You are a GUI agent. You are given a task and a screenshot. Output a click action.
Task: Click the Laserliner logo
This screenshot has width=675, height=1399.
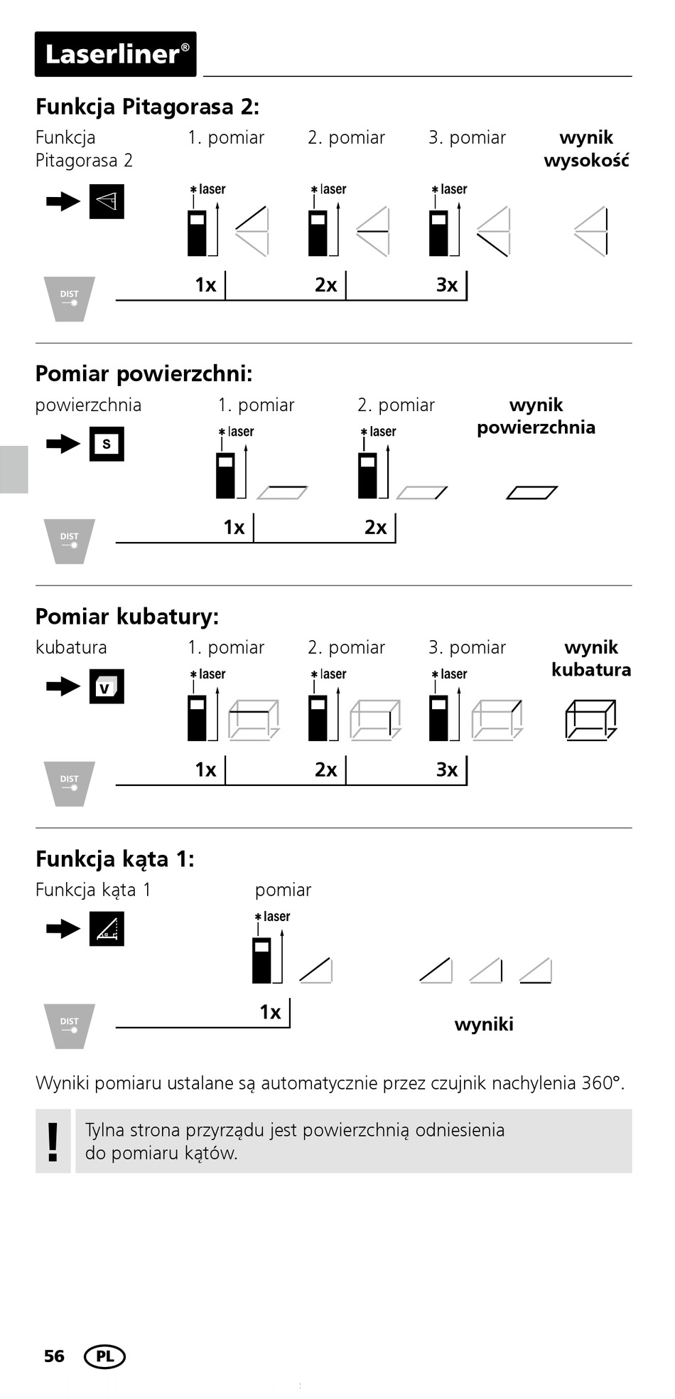pyautogui.click(x=116, y=54)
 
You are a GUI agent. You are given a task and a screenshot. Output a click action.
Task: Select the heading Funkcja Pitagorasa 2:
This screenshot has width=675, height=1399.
pyautogui.click(x=147, y=107)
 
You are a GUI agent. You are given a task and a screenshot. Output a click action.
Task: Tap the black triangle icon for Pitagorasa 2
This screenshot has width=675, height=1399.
pyautogui.click(x=107, y=201)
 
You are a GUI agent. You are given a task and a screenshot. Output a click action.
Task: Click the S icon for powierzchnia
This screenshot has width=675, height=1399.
pyautogui.click(x=107, y=444)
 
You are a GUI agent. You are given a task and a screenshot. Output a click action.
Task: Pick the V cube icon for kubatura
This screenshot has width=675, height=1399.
pyautogui.click(x=107, y=686)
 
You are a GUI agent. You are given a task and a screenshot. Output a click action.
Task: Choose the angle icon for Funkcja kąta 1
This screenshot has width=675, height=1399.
pyautogui.click(x=107, y=929)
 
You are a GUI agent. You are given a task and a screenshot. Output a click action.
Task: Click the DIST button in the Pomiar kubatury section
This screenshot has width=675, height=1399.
pyautogui.click(x=69, y=783)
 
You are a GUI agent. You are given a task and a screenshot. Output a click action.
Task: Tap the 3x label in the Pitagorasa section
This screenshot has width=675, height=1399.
pyautogui.click(x=447, y=285)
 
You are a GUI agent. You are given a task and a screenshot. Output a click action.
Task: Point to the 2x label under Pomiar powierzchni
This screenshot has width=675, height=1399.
pyautogui.click(x=376, y=528)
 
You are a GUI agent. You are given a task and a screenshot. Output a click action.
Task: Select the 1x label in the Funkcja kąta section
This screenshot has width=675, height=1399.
pyautogui.click(x=270, y=1012)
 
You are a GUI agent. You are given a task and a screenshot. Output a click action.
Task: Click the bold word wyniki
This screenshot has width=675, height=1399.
pyautogui.click(x=484, y=1025)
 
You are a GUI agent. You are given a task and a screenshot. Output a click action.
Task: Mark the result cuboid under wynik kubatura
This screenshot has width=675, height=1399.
pyautogui.click(x=590, y=720)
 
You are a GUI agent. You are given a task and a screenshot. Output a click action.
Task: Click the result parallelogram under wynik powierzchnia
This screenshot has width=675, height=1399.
pyautogui.click(x=531, y=492)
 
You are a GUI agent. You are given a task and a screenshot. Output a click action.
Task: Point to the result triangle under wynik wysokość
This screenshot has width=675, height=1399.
pyautogui.click(x=591, y=231)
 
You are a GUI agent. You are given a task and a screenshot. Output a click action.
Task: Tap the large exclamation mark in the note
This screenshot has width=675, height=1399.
pyautogui.click(x=53, y=1142)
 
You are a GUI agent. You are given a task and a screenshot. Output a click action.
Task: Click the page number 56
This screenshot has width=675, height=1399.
pyautogui.click(x=54, y=1356)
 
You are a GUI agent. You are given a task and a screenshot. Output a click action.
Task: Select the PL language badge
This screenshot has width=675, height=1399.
pyautogui.click(x=104, y=1356)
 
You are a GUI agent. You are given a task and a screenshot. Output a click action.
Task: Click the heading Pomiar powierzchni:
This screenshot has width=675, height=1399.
pyautogui.click(x=144, y=374)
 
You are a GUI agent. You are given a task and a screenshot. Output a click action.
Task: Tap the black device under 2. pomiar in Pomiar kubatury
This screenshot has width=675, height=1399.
pyautogui.click(x=318, y=718)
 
